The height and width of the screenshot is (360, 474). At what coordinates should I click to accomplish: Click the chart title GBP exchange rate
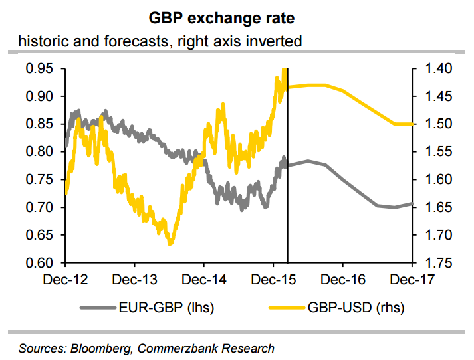[x=237, y=17]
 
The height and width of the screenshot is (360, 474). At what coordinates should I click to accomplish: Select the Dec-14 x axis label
[x=204, y=280]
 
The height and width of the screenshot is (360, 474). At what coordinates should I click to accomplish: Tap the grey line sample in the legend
[x=98, y=307]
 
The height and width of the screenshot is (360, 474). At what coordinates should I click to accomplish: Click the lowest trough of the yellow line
[x=170, y=244]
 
